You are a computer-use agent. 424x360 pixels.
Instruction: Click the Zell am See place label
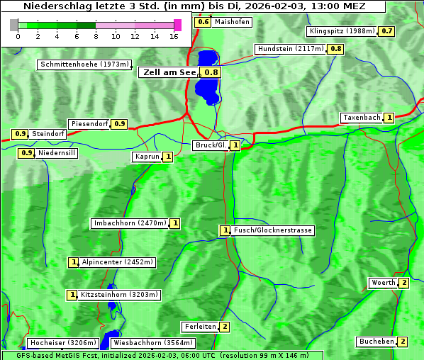169,72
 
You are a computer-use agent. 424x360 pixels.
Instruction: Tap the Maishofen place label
232,22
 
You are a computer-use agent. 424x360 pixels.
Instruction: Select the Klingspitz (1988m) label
342,31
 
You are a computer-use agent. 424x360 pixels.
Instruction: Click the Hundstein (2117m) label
291,49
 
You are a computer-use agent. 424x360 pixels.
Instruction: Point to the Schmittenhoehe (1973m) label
84,64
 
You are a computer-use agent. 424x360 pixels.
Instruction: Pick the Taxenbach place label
362,118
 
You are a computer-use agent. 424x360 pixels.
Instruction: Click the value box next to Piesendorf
120,124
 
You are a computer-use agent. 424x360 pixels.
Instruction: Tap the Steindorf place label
49,134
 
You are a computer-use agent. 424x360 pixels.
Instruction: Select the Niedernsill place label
56,152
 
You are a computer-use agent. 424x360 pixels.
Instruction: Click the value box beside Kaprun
168,157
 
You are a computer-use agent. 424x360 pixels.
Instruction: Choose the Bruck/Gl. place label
211,145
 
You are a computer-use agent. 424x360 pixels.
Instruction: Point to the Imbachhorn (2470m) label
130,223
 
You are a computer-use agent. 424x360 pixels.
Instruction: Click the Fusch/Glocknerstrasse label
273,230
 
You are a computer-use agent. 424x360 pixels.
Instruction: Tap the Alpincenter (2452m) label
117,262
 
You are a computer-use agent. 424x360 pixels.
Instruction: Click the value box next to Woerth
403,283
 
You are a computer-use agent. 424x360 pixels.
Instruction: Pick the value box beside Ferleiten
225,327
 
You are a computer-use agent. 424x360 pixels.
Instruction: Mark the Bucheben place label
376,342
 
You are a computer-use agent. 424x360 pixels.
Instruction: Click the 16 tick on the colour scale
174,36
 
